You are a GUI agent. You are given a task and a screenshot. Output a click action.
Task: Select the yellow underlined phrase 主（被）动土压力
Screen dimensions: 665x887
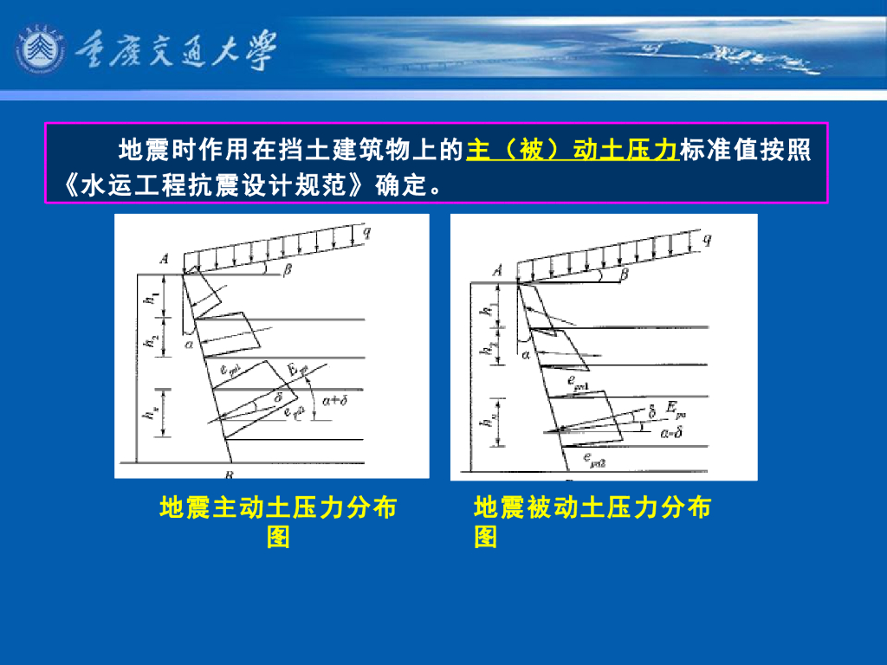(572, 150)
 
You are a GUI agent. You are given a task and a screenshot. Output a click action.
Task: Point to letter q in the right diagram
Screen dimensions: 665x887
(707, 241)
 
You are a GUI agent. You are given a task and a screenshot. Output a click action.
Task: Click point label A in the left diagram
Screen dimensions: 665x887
(164, 257)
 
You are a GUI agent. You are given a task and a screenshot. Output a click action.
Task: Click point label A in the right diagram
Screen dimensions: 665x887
(498, 270)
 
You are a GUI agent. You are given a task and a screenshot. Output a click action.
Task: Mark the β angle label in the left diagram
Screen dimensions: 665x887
(288, 270)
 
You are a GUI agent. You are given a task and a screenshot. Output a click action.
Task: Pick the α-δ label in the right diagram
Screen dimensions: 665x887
(671, 432)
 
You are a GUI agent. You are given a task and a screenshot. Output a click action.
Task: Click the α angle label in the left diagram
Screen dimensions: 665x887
(189, 344)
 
